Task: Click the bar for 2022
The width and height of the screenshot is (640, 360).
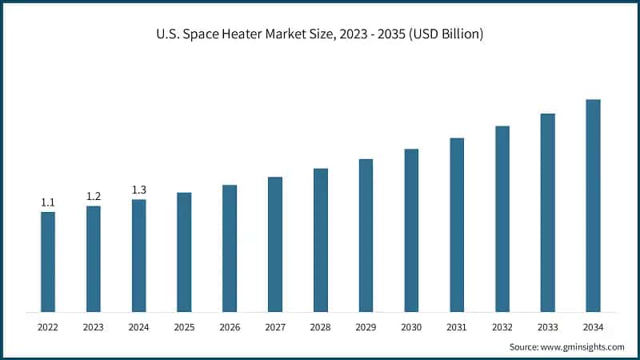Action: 48,262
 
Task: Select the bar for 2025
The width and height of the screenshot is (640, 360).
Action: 184,252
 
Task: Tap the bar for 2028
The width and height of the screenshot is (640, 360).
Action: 321,240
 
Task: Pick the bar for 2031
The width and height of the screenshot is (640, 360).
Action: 457,225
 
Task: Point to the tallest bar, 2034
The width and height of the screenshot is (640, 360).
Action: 593,206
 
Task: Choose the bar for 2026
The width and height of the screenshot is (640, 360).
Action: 230,248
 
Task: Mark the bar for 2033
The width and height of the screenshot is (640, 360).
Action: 547,212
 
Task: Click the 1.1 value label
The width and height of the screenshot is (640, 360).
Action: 48,203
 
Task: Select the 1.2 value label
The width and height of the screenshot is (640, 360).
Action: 94,197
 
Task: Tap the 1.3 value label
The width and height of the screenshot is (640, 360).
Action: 139,190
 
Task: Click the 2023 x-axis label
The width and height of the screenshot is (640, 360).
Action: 94,327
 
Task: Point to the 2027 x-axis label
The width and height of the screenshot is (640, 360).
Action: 275,327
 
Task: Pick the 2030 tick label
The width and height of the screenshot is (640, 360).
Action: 411,327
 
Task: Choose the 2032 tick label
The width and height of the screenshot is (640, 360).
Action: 502,327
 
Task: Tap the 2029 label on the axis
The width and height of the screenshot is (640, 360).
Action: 366,327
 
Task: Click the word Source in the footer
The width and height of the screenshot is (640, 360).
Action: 525,346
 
